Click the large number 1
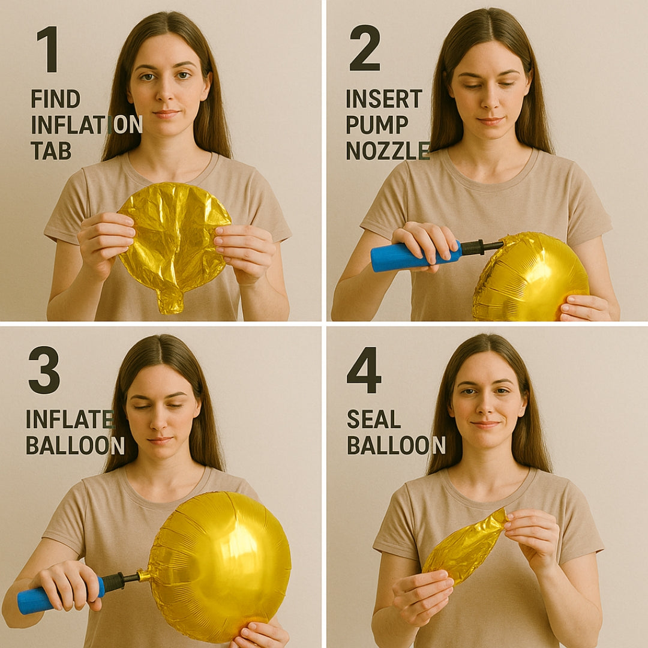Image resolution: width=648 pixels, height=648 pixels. coord(48,50)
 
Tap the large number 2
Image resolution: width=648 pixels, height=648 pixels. coord(364,49)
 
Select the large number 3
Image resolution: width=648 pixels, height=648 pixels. coord(44,370)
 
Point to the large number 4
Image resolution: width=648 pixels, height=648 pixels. coord(364,370)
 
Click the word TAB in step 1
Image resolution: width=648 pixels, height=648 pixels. coord(51,151)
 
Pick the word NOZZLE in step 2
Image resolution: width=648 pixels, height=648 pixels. coord(387,151)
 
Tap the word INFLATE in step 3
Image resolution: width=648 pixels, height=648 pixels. coord(69,419)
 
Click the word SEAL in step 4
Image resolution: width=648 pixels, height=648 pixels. coord(373,419)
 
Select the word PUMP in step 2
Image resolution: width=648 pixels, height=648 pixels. coord(377,125)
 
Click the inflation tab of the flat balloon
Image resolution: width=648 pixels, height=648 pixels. coord(170,300)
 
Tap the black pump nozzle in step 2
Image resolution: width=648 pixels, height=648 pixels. coord(480,247)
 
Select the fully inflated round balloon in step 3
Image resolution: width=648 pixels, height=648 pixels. coord(219,564)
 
